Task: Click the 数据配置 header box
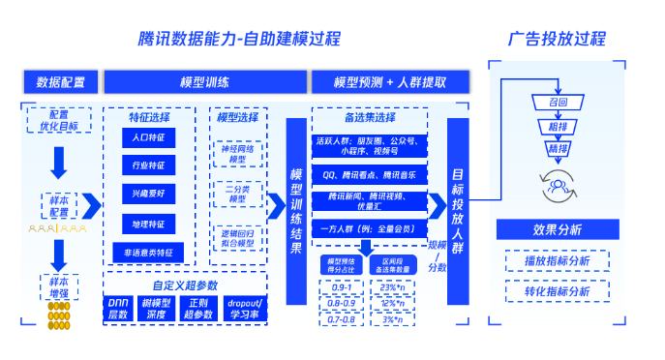[60, 82]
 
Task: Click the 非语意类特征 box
[149, 253]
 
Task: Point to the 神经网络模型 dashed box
[238, 153]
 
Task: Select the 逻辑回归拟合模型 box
[238, 238]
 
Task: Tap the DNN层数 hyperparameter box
[118, 309]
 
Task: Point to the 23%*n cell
[392, 288]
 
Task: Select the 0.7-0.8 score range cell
[341, 318]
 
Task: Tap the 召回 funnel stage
[558, 102]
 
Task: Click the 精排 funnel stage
[558, 149]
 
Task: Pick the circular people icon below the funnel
[558, 180]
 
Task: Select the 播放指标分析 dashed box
[557, 261]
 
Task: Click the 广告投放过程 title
[558, 39]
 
